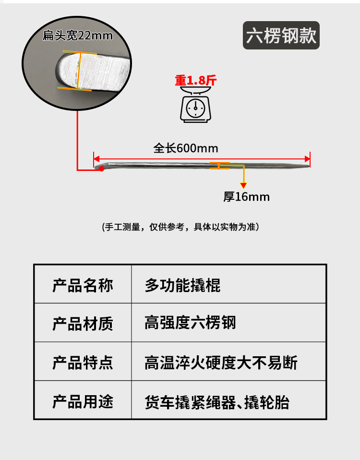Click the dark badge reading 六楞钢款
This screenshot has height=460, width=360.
(x=281, y=36)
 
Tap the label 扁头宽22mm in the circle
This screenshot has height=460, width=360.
(x=77, y=36)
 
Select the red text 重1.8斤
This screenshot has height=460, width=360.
(x=195, y=80)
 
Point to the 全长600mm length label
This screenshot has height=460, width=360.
(x=186, y=148)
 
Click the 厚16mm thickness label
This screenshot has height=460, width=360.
(x=247, y=197)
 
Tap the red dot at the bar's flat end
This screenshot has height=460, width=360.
(x=101, y=169)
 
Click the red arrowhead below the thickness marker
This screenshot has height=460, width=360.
(x=243, y=185)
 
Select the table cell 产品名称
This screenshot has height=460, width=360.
(x=83, y=286)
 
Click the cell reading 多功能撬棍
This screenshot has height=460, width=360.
(x=182, y=286)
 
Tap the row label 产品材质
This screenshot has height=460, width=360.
(x=83, y=323)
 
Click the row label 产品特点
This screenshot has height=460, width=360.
(x=83, y=363)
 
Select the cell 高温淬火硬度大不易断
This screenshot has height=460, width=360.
(x=221, y=363)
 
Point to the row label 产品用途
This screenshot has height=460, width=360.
(x=83, y=401)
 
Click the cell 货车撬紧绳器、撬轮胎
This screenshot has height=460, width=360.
(x=217, y=401)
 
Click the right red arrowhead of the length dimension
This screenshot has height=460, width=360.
(x=308, y=158)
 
